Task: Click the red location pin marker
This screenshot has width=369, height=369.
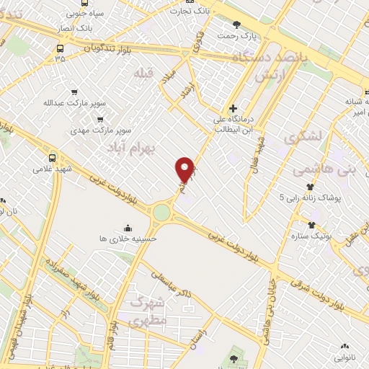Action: click(x=185, y=169)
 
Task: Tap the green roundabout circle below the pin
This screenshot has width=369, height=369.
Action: click(x=161, y=213)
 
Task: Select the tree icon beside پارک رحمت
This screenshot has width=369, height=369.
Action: click(x=236, y=24)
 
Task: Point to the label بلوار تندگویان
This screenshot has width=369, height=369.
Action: click(x=92, y=48)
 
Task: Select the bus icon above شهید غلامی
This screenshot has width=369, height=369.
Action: click(x=52, y=156)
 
